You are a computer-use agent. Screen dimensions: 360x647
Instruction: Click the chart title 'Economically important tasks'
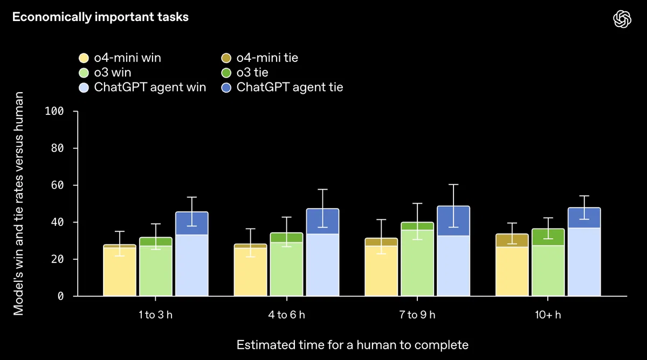click(100, 17)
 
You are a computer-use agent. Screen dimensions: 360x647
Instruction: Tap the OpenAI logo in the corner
click(622, 19)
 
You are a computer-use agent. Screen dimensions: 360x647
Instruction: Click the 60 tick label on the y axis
click(58, 185)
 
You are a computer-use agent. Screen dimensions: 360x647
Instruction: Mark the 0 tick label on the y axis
click(61, 296)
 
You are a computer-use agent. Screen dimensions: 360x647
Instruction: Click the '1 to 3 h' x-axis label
click(155, 315)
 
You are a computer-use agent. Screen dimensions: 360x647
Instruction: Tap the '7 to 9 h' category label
click(417, 315)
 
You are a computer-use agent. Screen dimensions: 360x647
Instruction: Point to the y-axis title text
click(18, 203)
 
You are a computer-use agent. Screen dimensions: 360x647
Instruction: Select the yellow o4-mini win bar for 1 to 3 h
click(120, 272)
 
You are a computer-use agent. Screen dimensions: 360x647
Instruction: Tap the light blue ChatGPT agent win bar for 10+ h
click(583, 262)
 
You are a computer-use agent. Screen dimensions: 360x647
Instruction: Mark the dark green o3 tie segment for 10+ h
click(548, 237)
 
